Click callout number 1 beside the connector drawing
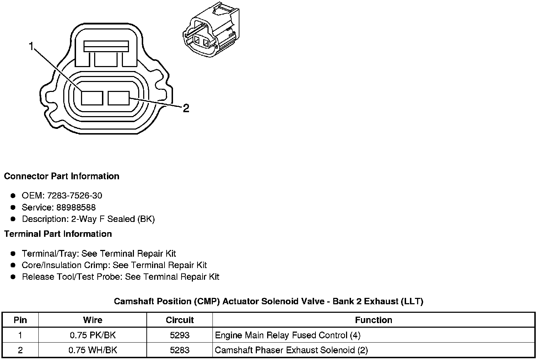click(x=31, y=46)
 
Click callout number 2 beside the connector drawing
click(x=186, y=108)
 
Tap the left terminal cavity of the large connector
click(x=92, y=98)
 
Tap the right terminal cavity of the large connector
click(x=119, y=98)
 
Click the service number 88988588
click(x=76, y=207)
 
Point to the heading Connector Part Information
click(x=61, y=176)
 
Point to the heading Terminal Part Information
click(x=58, y=234)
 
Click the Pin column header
click(x=20, y=320)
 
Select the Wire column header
click(x=93, y=320)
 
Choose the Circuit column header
click(x=180, y=320)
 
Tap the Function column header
click(x=373, y=320)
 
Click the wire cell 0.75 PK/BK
click(x=93, y=335)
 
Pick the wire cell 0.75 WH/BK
click(x=93, y=350)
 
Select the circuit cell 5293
click(x=180, y=335)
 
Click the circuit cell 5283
click(x=180, y=350)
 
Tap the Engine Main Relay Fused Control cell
click(x=288, y=335)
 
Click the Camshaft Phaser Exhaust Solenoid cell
click(x=291, y=350)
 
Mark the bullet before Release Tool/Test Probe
click(x=13, y=277)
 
